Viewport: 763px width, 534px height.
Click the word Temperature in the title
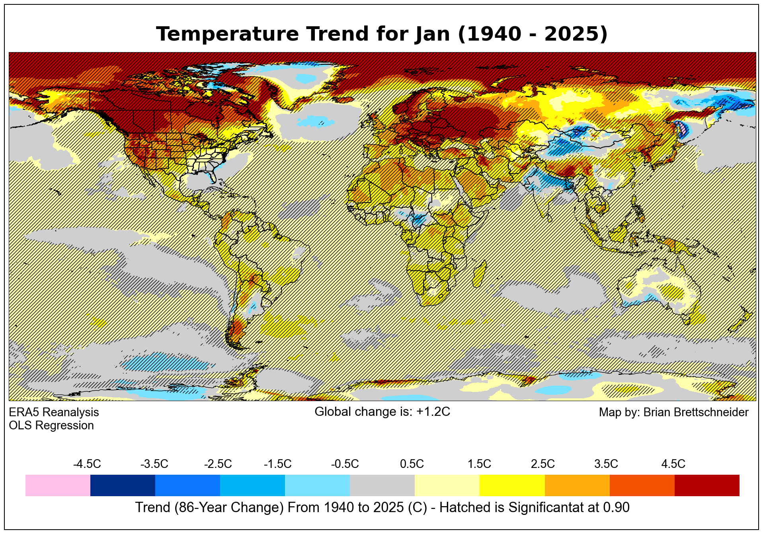[x=227, y=34]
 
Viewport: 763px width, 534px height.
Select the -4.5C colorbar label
[x=87, y=464]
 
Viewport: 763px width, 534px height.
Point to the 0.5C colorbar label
[x=412, y=464]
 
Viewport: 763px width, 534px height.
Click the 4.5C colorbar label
[x=673, y=464]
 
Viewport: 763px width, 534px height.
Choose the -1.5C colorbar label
[x=277, y=464]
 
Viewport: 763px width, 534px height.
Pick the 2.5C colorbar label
[x=542, y=464]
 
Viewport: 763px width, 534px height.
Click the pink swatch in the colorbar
[x=58, y=485]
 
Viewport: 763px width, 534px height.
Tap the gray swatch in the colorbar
[x=382, y=485]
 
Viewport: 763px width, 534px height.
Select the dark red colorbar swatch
[x=707, y=485]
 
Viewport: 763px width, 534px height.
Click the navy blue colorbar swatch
[x=123, y=485]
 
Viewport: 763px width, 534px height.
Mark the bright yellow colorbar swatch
[x=512, y=485]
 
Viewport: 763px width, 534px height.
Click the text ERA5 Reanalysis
[x=54, y=412]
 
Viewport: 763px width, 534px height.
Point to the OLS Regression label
[x=51, y=425]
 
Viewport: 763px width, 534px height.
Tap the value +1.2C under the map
[x=433, y=412]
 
